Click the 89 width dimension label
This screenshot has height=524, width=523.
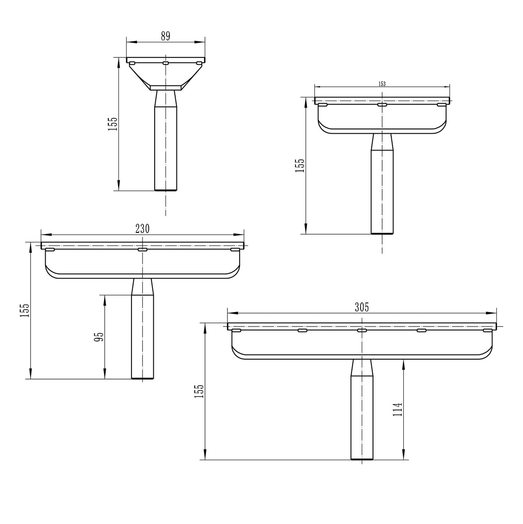coord(165,36)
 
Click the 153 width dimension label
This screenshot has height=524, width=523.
coord(382,84)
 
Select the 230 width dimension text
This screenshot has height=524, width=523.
coord(142,229)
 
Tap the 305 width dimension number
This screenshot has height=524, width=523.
coord(361,307)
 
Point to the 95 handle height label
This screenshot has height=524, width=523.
coord(99,337)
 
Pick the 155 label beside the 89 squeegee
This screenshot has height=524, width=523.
coord(112,124)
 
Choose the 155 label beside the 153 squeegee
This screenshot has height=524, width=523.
coord(300,165)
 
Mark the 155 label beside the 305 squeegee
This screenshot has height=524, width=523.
coord(199,391)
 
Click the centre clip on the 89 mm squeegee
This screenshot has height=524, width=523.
coord(165,63)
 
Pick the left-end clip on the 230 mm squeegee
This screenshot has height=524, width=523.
coord(50,249)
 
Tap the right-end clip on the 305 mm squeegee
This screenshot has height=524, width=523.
coord(487,330)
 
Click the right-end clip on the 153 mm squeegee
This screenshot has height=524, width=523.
coord(441,104)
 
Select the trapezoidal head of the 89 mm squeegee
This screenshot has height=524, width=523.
coord(165,75)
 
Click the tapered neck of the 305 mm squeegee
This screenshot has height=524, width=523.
coord(362,367)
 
